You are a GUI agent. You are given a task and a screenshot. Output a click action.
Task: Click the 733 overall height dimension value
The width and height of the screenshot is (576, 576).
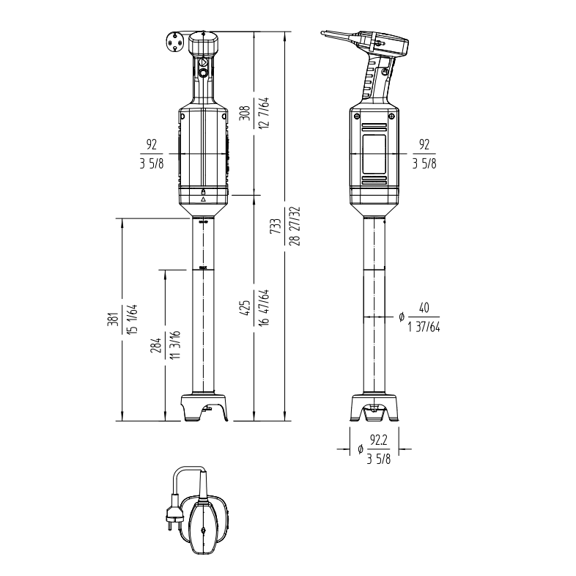coord(276,226)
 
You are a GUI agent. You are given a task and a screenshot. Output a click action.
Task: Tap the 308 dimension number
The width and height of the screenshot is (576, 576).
coord(245,113)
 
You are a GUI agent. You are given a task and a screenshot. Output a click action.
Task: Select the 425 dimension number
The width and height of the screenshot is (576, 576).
coord(245,308)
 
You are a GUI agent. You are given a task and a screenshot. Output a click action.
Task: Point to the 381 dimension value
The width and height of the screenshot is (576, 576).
coord(114,319)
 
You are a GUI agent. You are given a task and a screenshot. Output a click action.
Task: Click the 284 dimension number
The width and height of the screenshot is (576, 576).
coord(156,346)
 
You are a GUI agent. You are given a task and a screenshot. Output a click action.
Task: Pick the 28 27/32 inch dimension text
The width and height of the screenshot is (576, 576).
coord(295,226)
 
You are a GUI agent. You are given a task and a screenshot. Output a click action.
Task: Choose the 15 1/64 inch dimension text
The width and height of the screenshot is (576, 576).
coord(132,319)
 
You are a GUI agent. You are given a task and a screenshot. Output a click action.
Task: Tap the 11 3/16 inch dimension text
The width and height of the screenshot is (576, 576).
coord(175,345)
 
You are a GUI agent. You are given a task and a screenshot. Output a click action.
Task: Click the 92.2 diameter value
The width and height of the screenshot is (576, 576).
coord(379,440)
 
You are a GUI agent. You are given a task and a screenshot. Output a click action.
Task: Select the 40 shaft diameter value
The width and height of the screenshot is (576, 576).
coord(424,308)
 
